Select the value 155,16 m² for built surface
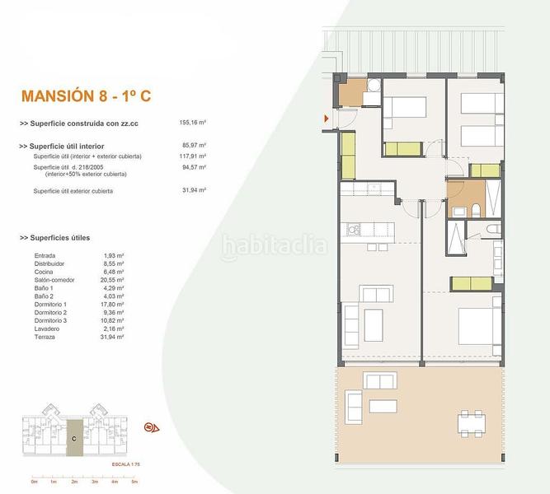click(x=192, y=123)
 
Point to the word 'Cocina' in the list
click(x=44, y=272)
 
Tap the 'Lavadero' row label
click(x=47, y=329)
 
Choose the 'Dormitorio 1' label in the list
click(x=52, y=304)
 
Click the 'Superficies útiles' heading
click(x=61, y=238)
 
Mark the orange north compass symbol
click(x=151, y=427)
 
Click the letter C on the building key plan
click(x=74, y=439)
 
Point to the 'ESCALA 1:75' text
click(x=126, y=465)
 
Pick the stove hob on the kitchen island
click(x=353, y=227)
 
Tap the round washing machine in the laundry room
click(x=372, y=85)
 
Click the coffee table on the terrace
click(x=383, y=406)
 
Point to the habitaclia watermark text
click(x=274, y=245)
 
